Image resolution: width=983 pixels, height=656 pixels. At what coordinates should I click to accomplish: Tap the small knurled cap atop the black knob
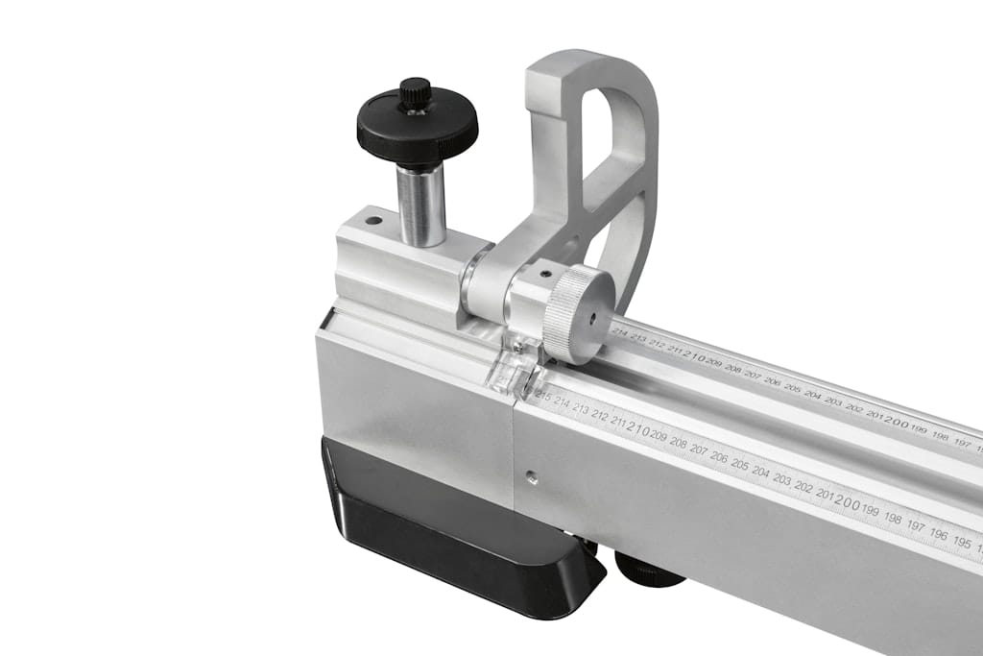(415, 93)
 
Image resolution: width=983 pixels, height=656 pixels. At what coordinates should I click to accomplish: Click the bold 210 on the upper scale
(693, 356)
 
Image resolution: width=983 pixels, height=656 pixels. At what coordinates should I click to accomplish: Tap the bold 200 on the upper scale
(896, 421)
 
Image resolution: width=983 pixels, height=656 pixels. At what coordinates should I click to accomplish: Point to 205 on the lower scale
(739, 464)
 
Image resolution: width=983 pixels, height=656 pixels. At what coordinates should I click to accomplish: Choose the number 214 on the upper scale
(619, 334)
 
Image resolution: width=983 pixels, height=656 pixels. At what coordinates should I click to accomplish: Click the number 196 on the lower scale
(939, 534)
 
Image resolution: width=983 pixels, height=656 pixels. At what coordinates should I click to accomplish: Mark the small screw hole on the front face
(532, 473)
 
